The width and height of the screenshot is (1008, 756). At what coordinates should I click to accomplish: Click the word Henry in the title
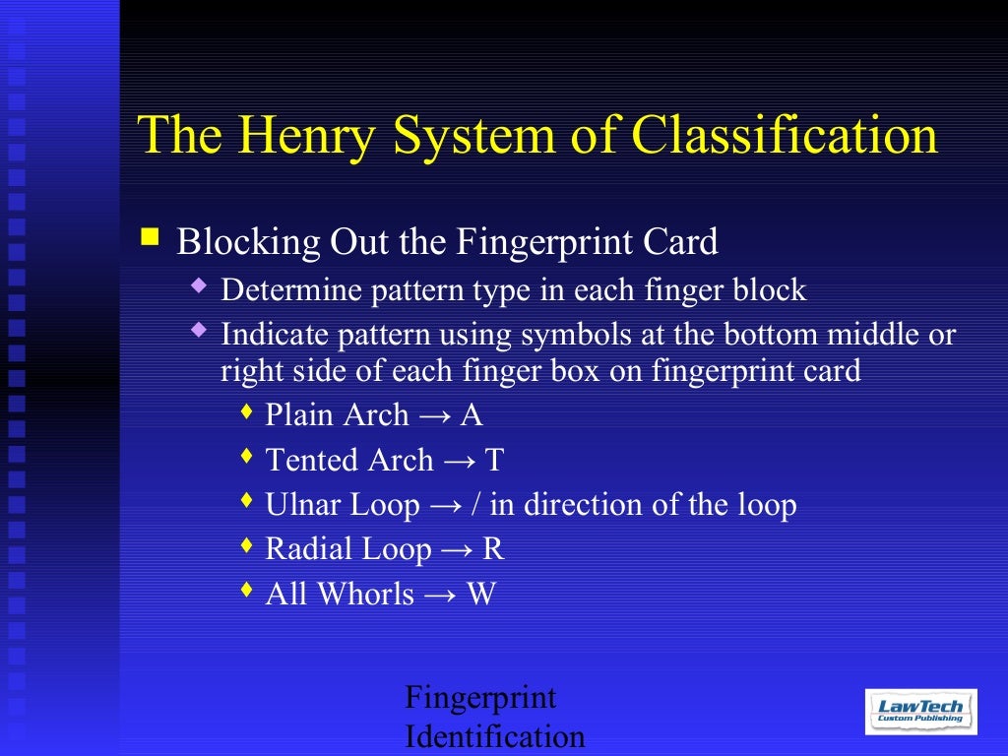point(302,135)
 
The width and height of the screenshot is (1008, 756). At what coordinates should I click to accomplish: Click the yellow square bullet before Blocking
point(150,236)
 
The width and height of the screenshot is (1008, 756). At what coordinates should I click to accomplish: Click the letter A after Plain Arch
point(472,414)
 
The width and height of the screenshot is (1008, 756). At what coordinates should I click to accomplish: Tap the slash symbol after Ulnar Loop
point(477,505)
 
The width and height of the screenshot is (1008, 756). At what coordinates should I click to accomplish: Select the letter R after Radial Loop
point(493,549)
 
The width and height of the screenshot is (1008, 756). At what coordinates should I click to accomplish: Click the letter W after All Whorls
point(481,595)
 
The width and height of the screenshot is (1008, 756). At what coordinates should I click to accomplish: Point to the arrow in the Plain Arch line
point(434,415)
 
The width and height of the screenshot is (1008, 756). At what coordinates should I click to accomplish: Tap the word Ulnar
point(300,505)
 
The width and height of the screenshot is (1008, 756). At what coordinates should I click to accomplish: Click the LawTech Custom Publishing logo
point(921,711)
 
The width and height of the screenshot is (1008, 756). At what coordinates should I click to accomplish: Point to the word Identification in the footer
point(495,736)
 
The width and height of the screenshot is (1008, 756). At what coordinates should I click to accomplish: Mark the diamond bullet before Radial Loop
point(246,544)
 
